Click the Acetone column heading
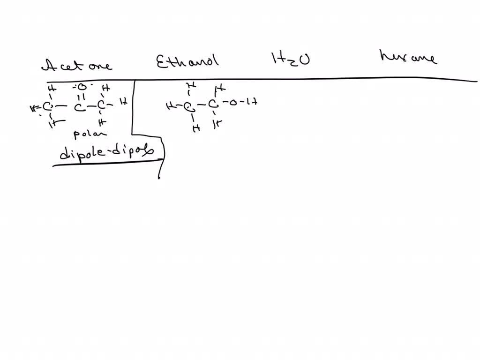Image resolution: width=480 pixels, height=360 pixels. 77,65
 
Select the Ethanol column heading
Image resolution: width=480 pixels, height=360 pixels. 187,61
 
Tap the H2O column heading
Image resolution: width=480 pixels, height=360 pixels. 290,60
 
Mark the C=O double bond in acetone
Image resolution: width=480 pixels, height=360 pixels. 80,97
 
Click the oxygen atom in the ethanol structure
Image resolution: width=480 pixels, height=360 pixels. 232,102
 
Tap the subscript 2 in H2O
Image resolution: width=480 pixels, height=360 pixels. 291,63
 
